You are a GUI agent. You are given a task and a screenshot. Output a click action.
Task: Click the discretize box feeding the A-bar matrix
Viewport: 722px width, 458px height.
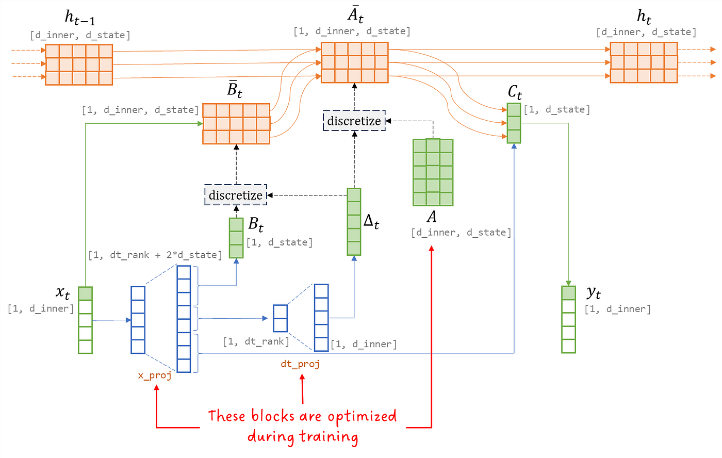354,121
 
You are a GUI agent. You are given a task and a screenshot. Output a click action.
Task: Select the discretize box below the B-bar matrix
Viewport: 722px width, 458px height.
236,195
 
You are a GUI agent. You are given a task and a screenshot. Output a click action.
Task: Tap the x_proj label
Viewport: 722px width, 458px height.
155,375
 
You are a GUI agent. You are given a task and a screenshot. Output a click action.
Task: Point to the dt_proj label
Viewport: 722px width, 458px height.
300,364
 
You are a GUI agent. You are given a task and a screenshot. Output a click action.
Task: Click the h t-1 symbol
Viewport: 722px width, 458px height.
80,18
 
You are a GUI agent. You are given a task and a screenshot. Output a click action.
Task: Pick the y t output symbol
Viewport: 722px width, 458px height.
594,293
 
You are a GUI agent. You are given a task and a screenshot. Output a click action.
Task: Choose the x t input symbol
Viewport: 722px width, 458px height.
62,293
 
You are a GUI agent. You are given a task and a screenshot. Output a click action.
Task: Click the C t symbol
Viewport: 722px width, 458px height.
515,93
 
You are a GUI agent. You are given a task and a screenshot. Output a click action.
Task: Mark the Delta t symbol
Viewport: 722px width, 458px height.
371,221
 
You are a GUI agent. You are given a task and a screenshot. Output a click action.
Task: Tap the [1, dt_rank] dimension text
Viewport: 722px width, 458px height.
256,341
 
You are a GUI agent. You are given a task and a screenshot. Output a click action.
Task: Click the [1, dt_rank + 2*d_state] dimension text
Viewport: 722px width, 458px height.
155,255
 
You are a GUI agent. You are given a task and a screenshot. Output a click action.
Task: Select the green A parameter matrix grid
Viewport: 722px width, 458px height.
433,172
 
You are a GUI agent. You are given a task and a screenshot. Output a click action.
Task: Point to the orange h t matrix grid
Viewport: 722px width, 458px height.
644,62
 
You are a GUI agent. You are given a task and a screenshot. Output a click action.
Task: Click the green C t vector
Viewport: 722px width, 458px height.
514,123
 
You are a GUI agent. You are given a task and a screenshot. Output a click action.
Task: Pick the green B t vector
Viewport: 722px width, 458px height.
236,238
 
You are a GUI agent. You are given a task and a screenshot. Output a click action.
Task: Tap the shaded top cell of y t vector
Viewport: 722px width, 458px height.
568,293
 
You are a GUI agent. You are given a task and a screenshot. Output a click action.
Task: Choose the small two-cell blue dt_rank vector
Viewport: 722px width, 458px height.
280,318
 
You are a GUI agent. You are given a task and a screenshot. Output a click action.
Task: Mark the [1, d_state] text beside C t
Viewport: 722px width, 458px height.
556,109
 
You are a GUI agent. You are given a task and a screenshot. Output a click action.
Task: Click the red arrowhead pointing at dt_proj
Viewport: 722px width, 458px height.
302,378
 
